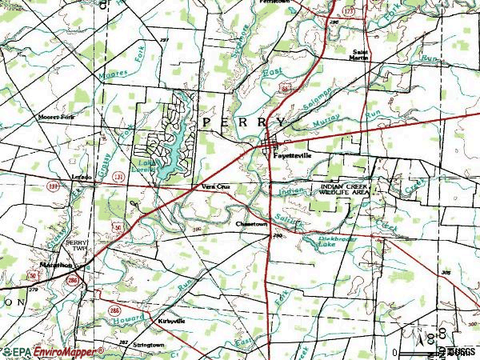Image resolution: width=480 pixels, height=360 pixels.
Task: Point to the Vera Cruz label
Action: coord(215,188)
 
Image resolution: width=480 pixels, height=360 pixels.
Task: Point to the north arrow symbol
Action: coord(418,335)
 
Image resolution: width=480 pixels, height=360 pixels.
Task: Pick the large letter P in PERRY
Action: coord(209,121)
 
